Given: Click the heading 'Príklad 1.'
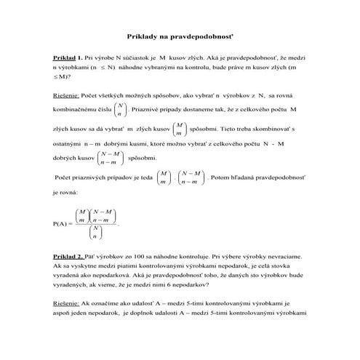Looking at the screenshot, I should coord(68,56).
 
